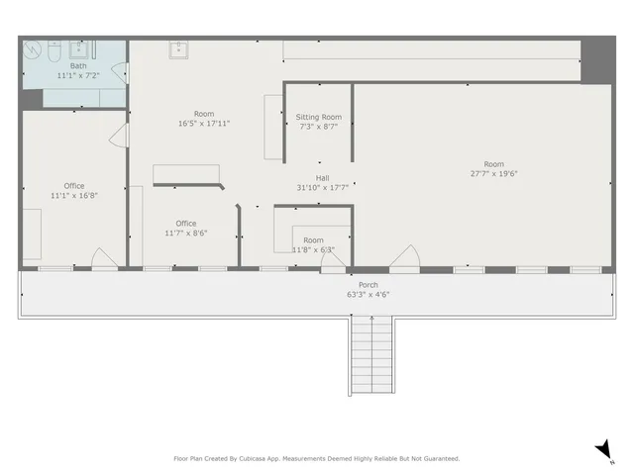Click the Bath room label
pos(78,66)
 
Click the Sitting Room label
pos(319,118)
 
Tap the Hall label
pos(323,178)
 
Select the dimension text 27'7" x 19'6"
pos(493,173)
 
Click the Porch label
pos(354,285)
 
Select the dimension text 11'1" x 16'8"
pos(74,195)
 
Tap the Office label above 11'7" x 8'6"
pos(185,224)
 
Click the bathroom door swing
pos(119,75)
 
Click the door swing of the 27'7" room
pos(403,258)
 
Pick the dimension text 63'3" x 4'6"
pos(354,294)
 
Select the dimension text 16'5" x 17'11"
pos(204,124)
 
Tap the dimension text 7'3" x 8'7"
pos(319,127)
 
